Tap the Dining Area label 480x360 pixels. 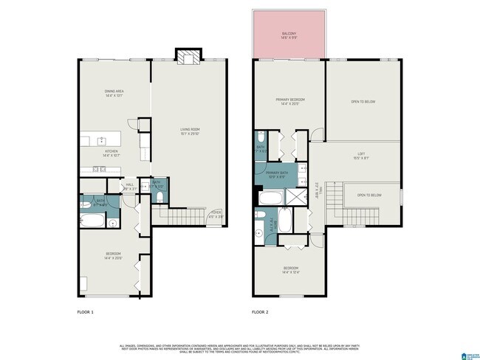pos(114,91)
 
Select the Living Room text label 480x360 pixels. pos(191,130)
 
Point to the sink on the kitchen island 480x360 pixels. pos(103,140)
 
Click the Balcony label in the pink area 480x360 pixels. pos(289,34)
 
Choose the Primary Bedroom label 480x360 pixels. pos(288,101)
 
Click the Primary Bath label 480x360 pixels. pos(277,174)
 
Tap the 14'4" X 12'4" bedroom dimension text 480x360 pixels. pos(290,271)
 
